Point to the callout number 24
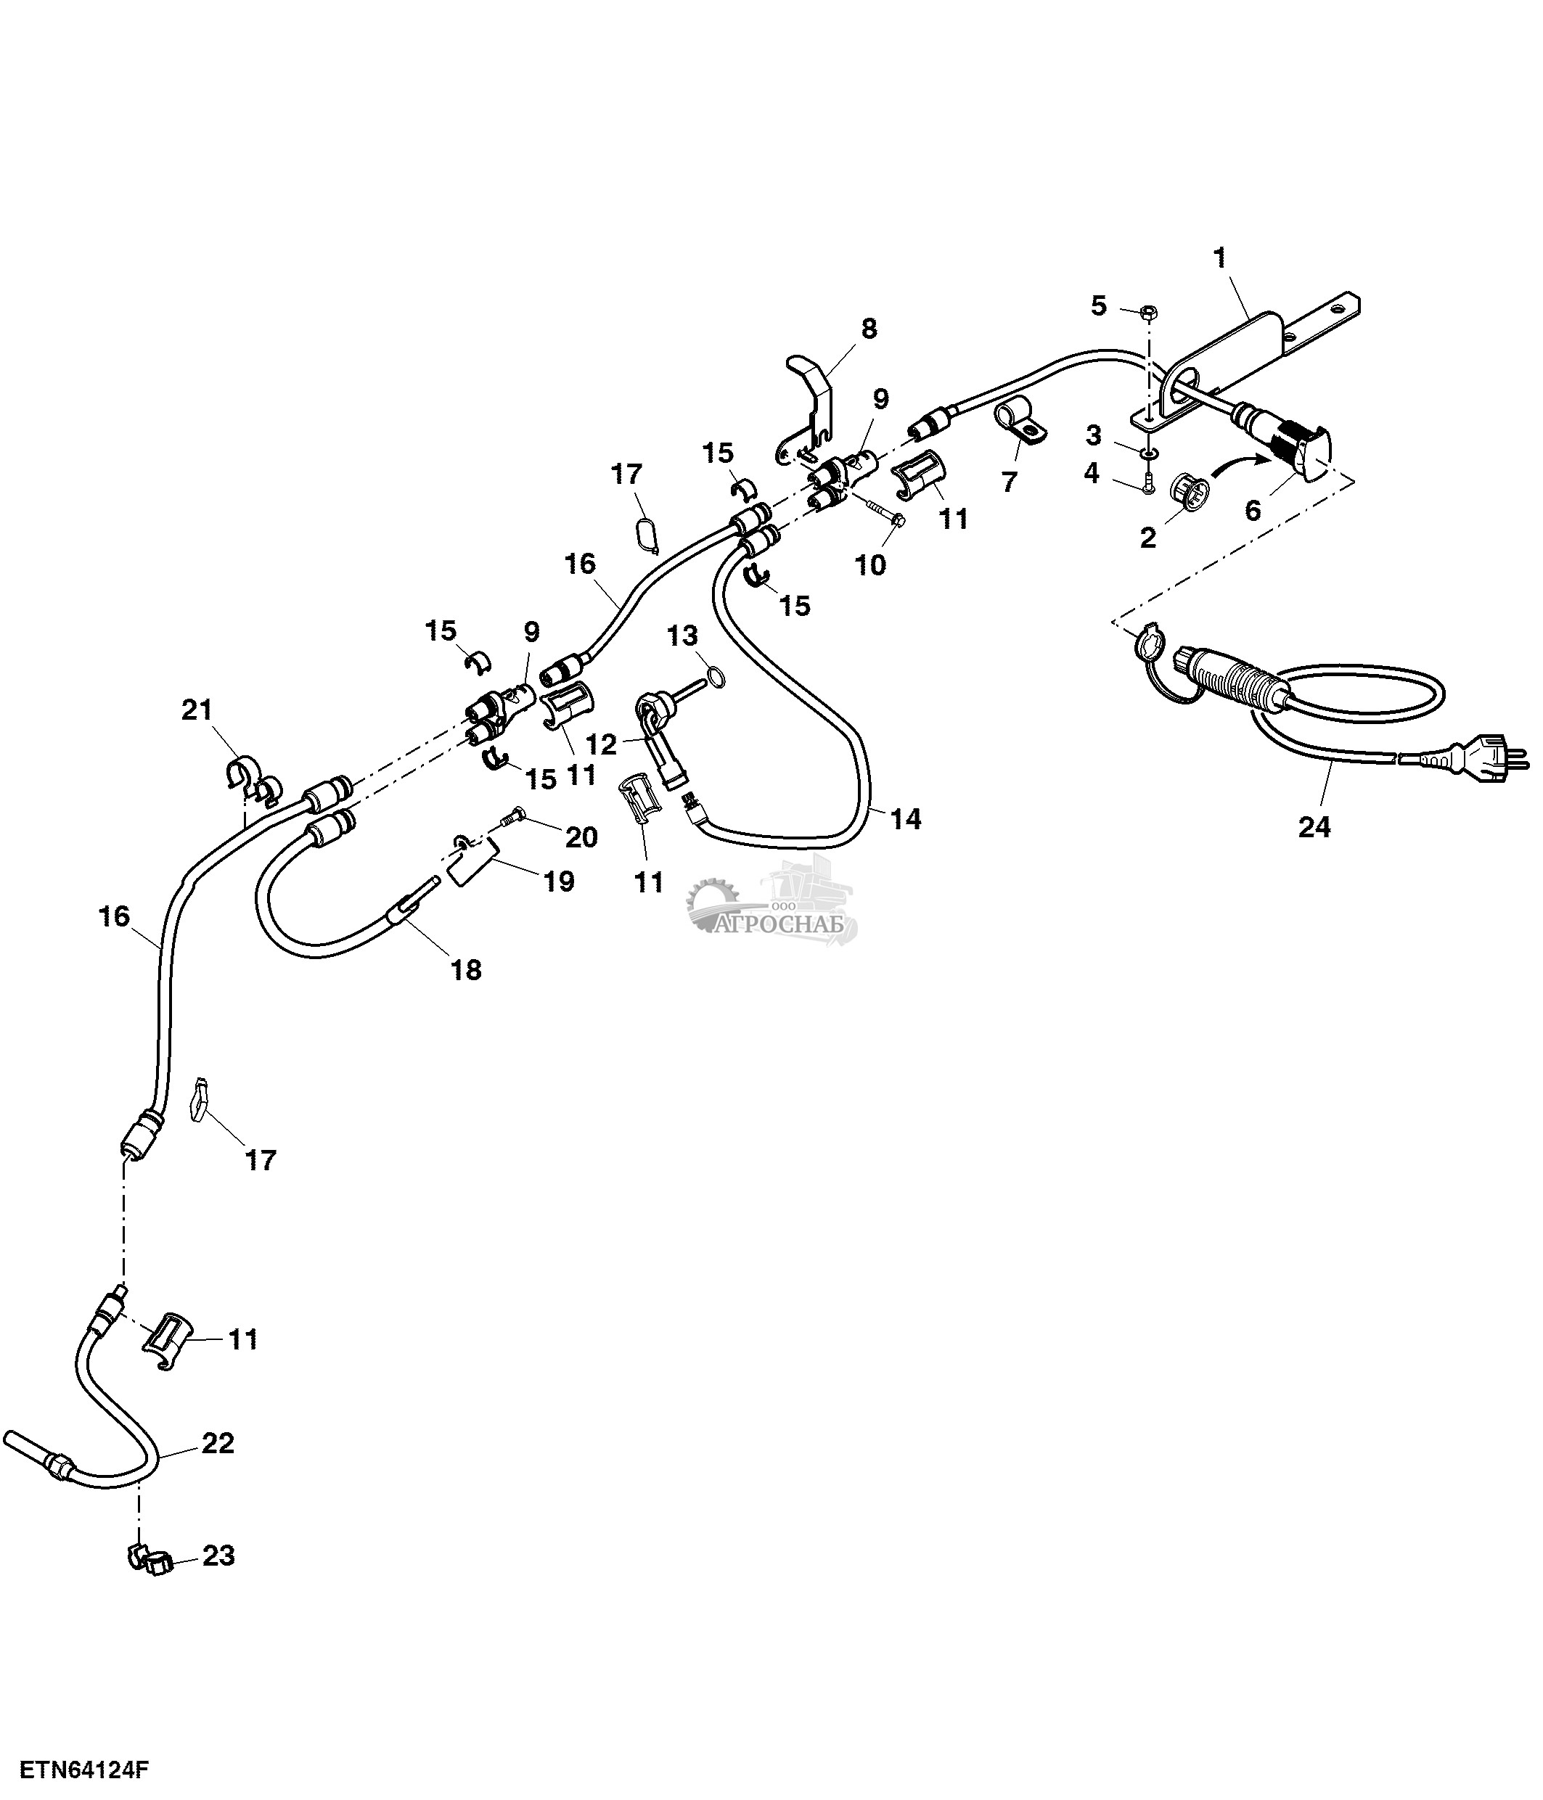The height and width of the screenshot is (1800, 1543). click(1314, 827)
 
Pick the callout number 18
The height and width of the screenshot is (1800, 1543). click(466, 969)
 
